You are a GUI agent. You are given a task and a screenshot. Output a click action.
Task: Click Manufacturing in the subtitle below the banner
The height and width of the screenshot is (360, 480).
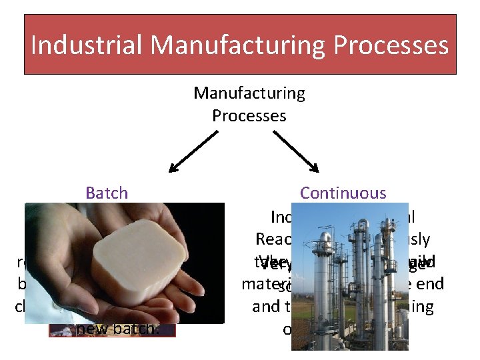click(x=249, y=93)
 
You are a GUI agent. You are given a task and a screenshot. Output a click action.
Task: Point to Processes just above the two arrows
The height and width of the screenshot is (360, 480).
click(x=249, y=115)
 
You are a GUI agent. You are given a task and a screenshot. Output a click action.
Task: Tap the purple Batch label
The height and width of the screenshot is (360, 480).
click(x=107, y=193)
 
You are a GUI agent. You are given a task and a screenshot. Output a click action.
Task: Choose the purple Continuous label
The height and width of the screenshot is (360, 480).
click(x=343, y=193)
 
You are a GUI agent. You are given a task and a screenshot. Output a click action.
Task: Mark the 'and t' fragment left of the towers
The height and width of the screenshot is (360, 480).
click(x=269, y=307)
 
